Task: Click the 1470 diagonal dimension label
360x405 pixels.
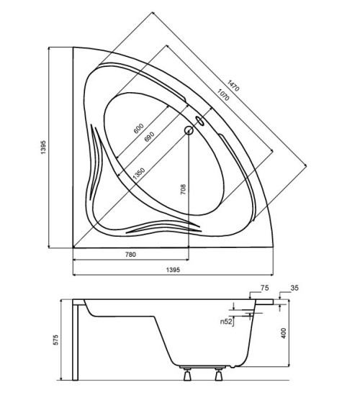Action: (233, 86)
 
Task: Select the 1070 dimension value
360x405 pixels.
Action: (223, 95)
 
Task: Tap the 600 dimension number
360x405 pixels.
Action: (138, 129)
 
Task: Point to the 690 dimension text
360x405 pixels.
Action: (149, 137)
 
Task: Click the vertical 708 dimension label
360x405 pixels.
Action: (183, 189)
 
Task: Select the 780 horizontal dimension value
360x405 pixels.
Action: (130, 255)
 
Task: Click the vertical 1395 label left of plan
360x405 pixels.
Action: (43, 147)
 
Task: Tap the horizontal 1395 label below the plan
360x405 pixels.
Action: (173, 270)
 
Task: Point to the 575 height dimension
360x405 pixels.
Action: (55, 340)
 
